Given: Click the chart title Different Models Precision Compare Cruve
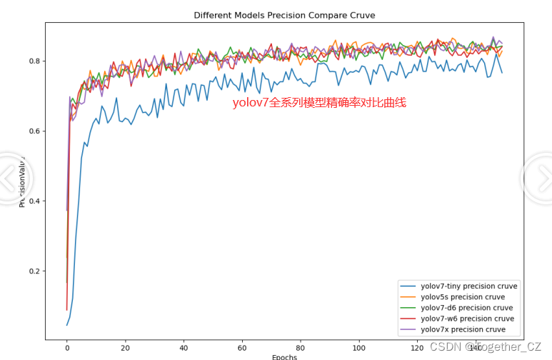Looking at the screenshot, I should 284,15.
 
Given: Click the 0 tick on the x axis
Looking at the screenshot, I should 67,348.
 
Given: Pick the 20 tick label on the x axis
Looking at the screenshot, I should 126,348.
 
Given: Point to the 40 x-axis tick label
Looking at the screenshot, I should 184,348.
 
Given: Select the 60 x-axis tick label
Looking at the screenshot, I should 242,348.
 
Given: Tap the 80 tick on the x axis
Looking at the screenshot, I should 301,348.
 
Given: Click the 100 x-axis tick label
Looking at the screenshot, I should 358,348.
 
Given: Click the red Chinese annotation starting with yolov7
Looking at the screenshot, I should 319,103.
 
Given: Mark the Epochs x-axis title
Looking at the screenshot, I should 284,356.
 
